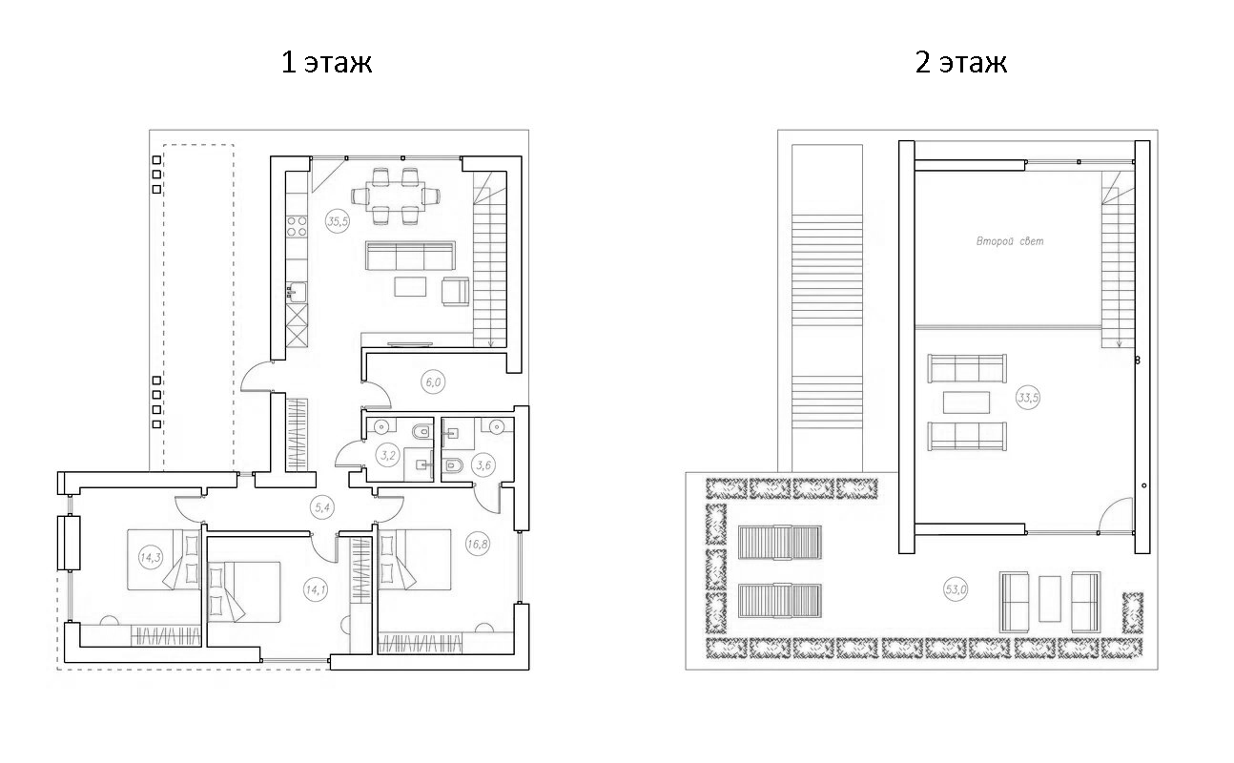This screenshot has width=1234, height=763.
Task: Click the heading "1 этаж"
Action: click(x=326, y=63)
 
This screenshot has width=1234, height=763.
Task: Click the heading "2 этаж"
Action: click(x=960, y=63)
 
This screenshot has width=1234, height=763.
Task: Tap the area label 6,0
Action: click(x=433, y=382)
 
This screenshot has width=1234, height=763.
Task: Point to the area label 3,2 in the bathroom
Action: click(x=388, y=455)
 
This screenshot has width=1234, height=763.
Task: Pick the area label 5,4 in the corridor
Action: click(x=323, y=507)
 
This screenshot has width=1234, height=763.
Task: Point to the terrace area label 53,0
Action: click(x=956, y=589)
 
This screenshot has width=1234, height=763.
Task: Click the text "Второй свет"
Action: click(x=1010, y=241)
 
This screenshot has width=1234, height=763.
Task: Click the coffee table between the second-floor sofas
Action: click(x=967, y=402)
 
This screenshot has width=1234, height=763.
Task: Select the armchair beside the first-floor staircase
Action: click(x=455, y=291)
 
